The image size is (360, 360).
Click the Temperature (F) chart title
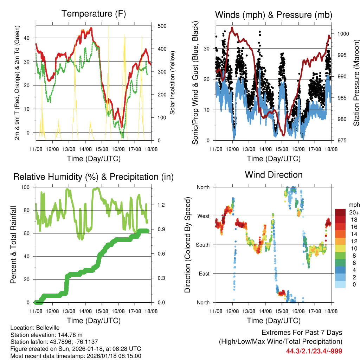[94, 14]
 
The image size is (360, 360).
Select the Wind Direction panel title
[274, 175]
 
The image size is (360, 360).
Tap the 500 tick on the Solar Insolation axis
[162, 26]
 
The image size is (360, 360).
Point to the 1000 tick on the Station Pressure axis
[343, 34]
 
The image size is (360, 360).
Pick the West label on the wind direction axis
[203, 216]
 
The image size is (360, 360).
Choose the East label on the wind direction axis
[203, 274]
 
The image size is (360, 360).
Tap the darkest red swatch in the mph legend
[340, 212]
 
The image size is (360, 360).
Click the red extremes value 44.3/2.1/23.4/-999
[314, 351]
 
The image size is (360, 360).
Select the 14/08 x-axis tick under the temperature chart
[85, 149]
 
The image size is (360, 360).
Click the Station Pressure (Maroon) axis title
[356, 82]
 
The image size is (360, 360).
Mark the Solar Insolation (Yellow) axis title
[173, 82]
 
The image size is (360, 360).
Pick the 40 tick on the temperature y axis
[30, 38]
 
